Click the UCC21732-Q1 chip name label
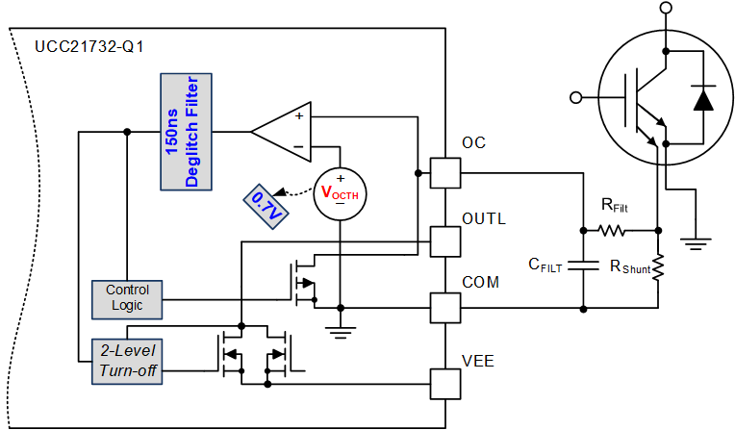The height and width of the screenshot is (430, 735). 84,46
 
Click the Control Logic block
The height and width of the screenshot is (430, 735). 128,298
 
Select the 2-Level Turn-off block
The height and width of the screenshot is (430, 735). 128,361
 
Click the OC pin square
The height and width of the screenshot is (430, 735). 444,173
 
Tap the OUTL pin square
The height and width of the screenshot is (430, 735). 444,241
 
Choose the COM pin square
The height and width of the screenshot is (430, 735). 444,309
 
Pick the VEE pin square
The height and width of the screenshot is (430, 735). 444,384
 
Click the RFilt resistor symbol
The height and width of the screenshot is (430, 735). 611,231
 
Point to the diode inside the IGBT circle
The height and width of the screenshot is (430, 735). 704,98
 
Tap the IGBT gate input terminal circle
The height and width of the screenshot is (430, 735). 577,97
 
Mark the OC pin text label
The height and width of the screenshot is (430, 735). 474,143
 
